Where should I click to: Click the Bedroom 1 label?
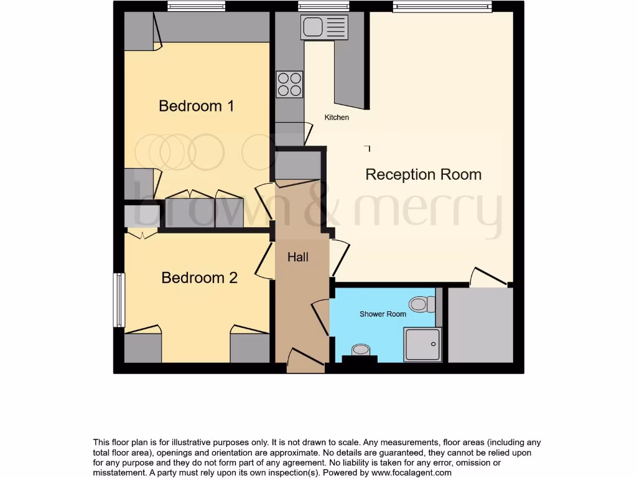pos(196,106)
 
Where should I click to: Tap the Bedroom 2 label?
pos(199,278)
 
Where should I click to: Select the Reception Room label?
pos(423,174)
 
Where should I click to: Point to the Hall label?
pos(298,256)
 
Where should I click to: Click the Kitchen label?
pos(337,117)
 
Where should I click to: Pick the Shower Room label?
pos(383,314)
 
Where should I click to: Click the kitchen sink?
pos(323,27)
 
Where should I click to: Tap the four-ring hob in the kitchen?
pos(290,85)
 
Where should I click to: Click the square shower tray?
pos(422,345)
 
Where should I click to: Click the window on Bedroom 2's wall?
pos(118,300)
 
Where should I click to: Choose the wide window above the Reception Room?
pos(442,6)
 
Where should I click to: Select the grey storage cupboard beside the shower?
pos(480,324)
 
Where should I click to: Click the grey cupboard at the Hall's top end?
pos(297,165)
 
